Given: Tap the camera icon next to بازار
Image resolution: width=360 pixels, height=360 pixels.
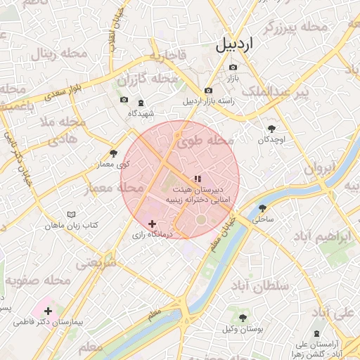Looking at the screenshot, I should (233, 68).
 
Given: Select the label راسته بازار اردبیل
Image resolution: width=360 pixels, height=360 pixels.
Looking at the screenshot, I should (208, 101).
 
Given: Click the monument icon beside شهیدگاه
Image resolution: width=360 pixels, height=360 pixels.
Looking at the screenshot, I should (139, 101).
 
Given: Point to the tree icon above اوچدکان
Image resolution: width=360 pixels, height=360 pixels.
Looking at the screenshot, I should (272, 129).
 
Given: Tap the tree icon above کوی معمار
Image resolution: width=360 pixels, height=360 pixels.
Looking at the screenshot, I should (113, 153).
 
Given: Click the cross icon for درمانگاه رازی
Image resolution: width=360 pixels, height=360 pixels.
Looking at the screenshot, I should (151, 224).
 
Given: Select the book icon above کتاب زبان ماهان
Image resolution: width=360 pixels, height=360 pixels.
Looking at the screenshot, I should (70, 214).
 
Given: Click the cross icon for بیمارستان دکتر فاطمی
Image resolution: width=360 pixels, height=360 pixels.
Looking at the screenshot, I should (48, 311).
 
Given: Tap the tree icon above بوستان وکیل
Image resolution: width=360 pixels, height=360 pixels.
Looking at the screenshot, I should (243, 318).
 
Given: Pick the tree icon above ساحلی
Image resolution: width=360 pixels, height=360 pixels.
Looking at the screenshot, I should (263, 208).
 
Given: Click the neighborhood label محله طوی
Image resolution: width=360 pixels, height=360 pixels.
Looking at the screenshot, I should (205, 141).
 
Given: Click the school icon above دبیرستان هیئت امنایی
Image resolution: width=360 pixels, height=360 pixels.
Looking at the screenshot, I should (198, 179).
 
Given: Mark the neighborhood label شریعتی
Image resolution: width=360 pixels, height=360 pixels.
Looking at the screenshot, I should (96, 264).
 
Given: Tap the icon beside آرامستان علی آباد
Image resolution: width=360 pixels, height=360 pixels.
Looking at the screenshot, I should (314, 333).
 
